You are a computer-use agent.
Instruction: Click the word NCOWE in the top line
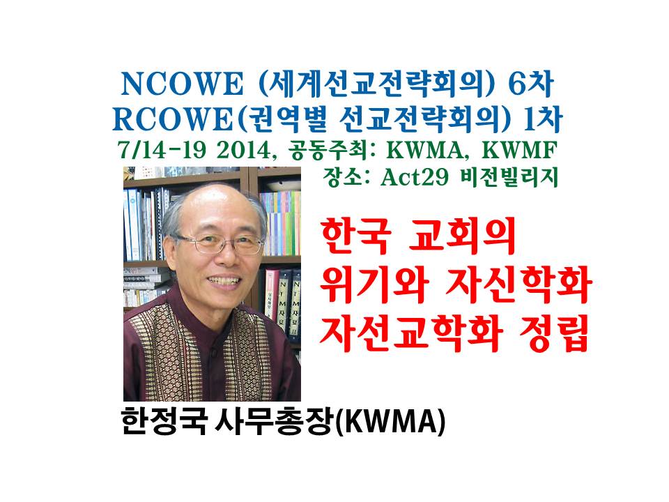pos(182,84)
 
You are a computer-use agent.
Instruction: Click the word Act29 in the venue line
pos(414,177)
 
